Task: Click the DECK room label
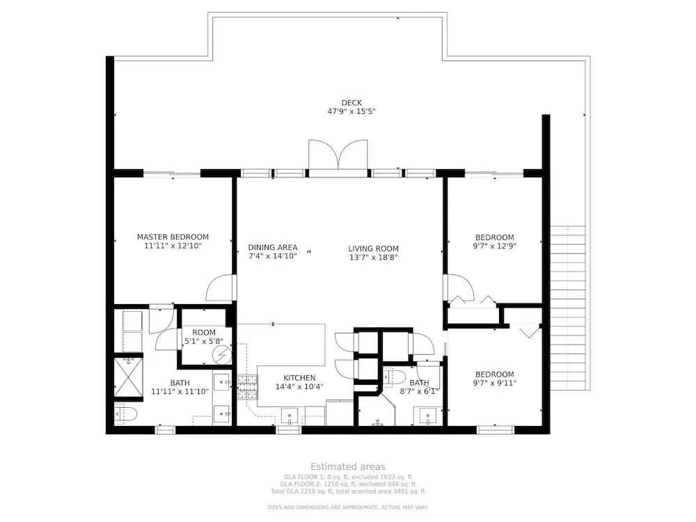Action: [x=351, y=103]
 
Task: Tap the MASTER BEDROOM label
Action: [x=173, y=237]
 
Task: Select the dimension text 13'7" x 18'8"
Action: [x=373, y=257]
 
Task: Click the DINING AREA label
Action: [x=273, y=247]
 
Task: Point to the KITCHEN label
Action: [x=299, y=378]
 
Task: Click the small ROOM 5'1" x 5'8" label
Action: [x=204, y=337]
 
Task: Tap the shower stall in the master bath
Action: [x=128, y=377]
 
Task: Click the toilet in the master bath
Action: [x=125, y=414]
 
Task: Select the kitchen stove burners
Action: [x=247, y=386]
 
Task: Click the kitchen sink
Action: [x=290, y=417]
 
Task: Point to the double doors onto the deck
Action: [x=338, y=155]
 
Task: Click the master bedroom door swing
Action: [x=220, y=288]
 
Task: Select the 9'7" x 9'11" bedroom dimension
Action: [x=494, y=383]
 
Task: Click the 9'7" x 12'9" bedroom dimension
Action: [x=494, y=246]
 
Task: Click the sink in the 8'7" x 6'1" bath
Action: [x=428, y=416]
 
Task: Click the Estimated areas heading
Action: [x=348, y=466]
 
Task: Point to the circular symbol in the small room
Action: [x=221, y=355]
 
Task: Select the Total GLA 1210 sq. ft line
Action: [x=348, y=491]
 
